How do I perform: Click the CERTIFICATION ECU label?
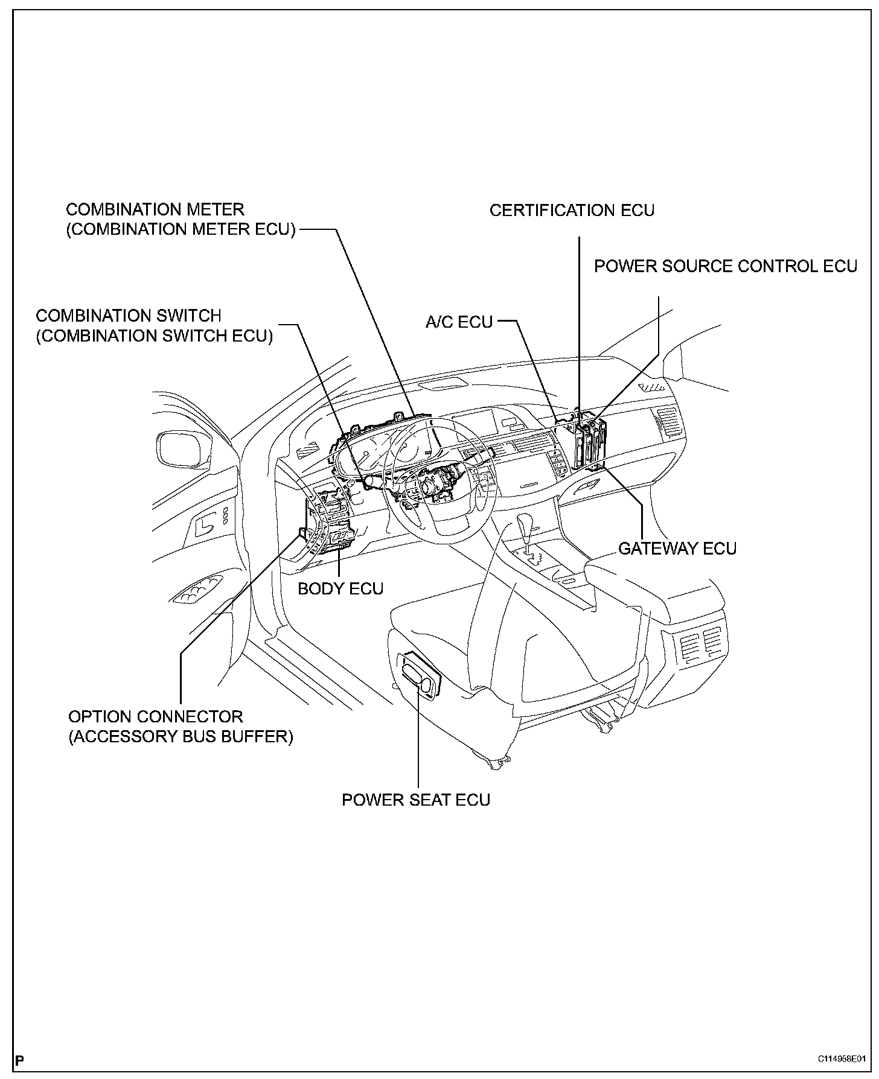[x=572, y=211]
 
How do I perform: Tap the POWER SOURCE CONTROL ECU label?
[x=726, y=267]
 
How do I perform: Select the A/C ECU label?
[x=459, y=322]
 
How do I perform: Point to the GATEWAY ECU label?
[x=677, y=549]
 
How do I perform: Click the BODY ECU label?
[x=340, y=588]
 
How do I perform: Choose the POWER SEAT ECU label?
[x=416, y=800]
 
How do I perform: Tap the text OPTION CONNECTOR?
[x=156, y=717]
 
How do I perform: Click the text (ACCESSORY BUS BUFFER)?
[x=181, y=737]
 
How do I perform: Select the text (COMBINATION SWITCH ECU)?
[x=155, y=336]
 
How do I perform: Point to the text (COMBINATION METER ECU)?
[x=181, y=230]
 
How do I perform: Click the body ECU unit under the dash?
[x=339, y=537]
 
